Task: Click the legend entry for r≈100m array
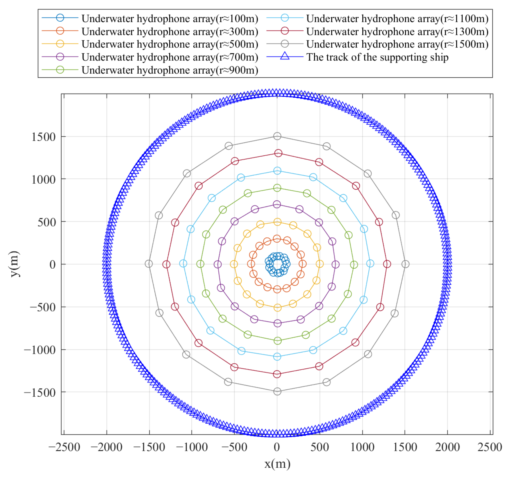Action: click(170, 18)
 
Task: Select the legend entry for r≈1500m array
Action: click(397, 44)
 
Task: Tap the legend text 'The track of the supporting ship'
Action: click(377, 57)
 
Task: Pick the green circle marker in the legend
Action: click(60, 70)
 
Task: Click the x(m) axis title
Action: click(277, 464)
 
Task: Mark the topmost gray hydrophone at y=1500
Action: click(277, 136)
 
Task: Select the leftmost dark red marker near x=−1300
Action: click(166, 264)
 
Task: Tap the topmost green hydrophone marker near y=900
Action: click(277, 188)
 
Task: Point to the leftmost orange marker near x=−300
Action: click(251, 264)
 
